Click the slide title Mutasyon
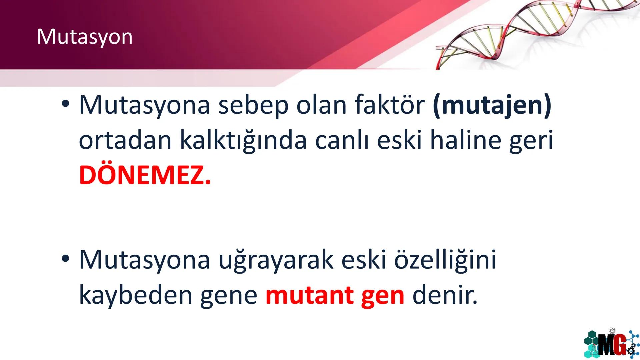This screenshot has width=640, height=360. [x=85, y=37]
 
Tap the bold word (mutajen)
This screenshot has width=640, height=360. [x=492, y=106]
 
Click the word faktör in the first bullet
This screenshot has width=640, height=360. [x=389, y=105]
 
